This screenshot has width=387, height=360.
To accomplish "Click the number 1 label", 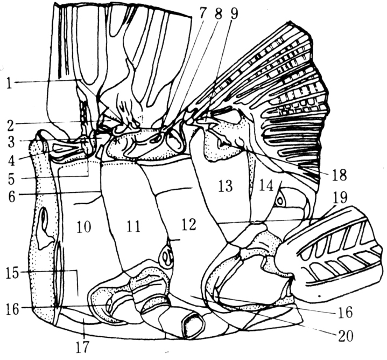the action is pos(9,84).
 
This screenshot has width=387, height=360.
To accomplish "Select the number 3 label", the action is pos(11,142).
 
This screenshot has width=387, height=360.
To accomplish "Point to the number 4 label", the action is pos(11,160).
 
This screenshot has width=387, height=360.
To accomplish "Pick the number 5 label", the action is pos(11,178).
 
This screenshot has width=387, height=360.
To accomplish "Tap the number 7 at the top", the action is pos(202,14).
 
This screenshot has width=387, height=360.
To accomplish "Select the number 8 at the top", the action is pos(217,14).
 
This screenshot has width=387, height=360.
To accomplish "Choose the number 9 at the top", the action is pos(234,14).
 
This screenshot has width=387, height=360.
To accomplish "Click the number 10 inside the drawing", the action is pos(83,227).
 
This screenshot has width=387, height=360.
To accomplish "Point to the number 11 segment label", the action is pos(133,226).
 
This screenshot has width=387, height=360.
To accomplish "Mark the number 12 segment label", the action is pos(188,225).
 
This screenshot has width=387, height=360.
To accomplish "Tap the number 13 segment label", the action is pos(225,186).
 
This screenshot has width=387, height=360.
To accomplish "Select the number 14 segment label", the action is pos(266,185).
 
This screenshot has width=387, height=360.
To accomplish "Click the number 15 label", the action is pos(13,274).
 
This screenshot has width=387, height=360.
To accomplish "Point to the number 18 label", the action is pos(340,176).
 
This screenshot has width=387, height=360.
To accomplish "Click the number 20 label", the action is pos(346,336).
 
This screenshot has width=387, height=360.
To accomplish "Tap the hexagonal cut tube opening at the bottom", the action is pos(193,324).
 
